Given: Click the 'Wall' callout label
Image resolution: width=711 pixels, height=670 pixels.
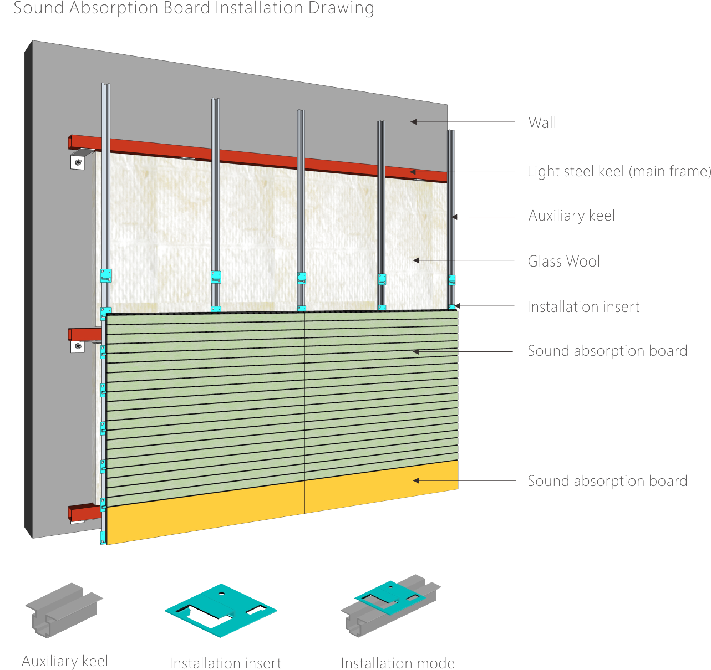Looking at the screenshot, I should (542, 122).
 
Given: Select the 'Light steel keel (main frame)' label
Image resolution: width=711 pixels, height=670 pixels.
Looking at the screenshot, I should (618, 171).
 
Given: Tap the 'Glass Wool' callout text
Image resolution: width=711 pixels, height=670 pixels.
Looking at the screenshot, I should (563, 261).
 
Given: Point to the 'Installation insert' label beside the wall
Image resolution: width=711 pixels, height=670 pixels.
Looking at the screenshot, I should (583, 306).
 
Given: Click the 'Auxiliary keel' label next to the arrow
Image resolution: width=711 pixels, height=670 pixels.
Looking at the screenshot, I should (571, 216).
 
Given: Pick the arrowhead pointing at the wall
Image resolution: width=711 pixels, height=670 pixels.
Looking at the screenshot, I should (413, 122).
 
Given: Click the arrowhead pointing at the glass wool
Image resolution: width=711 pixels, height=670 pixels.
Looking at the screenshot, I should (415, 260).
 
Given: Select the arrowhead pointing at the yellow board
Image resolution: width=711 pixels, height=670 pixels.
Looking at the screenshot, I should (415, 480).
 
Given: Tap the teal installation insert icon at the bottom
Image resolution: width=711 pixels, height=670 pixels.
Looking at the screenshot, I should (221, 608).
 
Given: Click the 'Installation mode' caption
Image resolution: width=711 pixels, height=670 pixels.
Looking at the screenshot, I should (398, 663).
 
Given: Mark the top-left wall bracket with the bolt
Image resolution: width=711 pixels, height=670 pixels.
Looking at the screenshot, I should (78, 162).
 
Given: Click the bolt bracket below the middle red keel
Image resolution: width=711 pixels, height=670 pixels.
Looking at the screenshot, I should (78, 347).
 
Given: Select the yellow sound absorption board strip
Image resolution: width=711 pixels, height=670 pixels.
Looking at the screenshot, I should (283, 510).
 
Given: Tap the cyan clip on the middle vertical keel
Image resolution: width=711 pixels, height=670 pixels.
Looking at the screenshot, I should (301, 278).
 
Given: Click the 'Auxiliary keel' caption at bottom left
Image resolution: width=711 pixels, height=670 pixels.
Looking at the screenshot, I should (64, 661).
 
